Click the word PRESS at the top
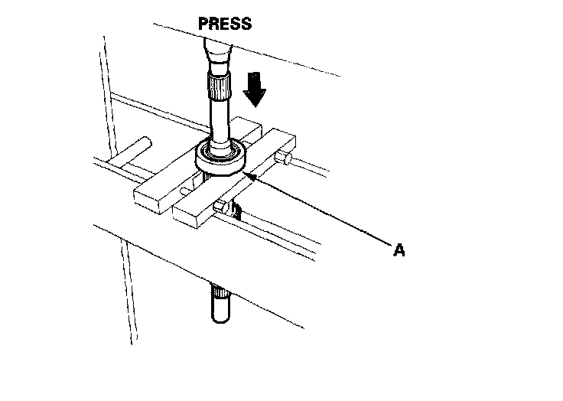click(224, 23)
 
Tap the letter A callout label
click(398, 249)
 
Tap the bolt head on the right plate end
click(285, 158)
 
